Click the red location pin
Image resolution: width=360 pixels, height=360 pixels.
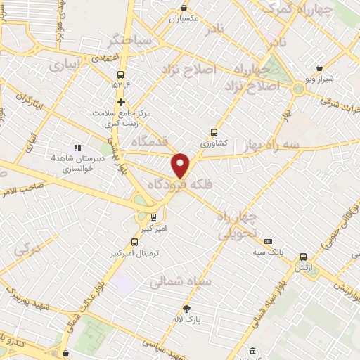pyautogui.click(x=181, y=165)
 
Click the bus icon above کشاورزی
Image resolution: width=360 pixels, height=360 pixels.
pyautogui.click(x=214, y=131)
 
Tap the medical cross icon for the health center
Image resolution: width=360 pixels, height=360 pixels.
pyautogui.click(x=121, y=101)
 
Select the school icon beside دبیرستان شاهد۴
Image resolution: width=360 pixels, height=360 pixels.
pyautogui.click(x=77, y=148)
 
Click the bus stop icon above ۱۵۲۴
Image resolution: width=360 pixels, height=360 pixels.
pyautogui.click(x=121, y=74)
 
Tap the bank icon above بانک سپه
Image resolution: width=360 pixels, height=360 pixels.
pyautogui.click(x=268, y=240)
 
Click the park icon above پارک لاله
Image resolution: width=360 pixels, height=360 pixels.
pyautogui.click(x=186, y=308)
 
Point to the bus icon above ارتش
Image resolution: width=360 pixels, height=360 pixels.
pyautogui.click(x=303, y=257)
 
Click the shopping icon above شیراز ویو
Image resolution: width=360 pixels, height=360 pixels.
pyautogui.click(x=320, y=68)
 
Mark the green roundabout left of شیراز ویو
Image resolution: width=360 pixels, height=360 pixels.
pyautogui.click(x=298, y=88)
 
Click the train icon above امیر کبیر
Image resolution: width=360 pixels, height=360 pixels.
pyautogui.click(x=153, y=217)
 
